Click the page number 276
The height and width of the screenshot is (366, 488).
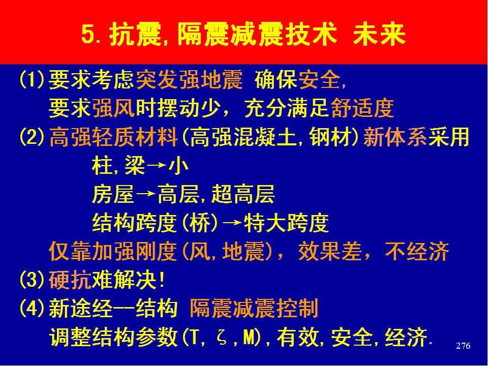pos(463,346)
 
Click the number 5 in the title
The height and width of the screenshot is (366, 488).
pos(88,34)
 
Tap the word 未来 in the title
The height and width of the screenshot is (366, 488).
pos(379,34)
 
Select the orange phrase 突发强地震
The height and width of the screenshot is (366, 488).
pos(189,80)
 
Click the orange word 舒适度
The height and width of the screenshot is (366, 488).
pos(362,108)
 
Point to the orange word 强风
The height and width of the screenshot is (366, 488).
pos(113,108)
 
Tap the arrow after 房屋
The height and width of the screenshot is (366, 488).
pos(145,195)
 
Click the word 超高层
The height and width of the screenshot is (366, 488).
pos(243,194)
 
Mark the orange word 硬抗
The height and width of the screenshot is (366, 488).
pos(70,280)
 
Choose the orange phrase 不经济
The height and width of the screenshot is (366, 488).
pos(417,252)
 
